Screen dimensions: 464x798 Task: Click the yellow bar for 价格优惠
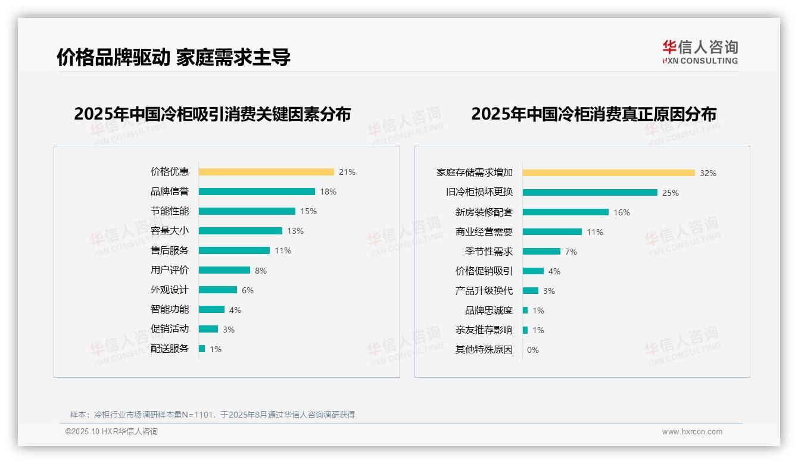pos(266,172)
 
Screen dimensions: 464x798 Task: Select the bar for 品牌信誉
pos(257,192)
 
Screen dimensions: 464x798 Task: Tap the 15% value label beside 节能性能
pos(308,211)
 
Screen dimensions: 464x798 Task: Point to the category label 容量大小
pos(169,231)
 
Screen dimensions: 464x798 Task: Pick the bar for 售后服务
pos(234,250)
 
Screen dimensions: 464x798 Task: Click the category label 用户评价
pos(169,270)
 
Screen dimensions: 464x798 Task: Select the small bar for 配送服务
pos(202,349)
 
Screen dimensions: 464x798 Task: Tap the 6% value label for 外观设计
pos(248,290)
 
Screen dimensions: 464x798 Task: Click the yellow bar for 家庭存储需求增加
pos(609,173)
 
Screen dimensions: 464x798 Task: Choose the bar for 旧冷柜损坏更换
pos(590,193)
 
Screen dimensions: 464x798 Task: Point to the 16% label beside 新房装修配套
pos(622,212)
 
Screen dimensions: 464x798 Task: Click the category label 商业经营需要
pos(484,232)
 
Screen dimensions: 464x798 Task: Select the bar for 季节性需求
pos(541,252)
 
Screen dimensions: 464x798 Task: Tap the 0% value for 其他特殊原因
pos(533,350)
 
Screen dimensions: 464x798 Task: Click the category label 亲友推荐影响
pos(484,330)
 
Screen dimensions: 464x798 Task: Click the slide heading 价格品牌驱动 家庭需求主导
pos(173,57)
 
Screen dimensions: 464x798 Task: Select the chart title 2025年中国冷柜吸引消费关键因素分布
pos(212,114)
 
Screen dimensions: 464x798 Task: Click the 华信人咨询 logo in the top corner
pos(700,52)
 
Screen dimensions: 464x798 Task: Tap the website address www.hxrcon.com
pos(692,432)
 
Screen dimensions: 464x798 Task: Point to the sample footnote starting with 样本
pos(212,415)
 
